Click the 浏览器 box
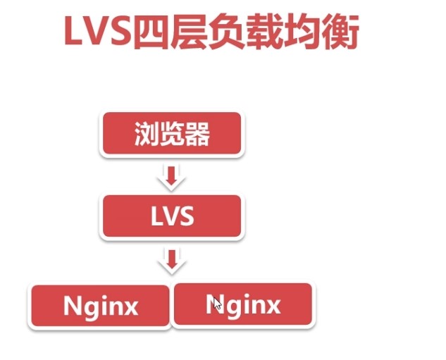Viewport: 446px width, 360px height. [172, 134]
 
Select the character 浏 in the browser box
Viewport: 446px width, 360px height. [147, 135]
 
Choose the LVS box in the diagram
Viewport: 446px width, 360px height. [172, 216]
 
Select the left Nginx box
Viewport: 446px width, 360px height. [100, 306]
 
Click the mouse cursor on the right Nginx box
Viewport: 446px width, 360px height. [217, 303]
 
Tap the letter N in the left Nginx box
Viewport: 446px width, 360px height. [74, 306]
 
